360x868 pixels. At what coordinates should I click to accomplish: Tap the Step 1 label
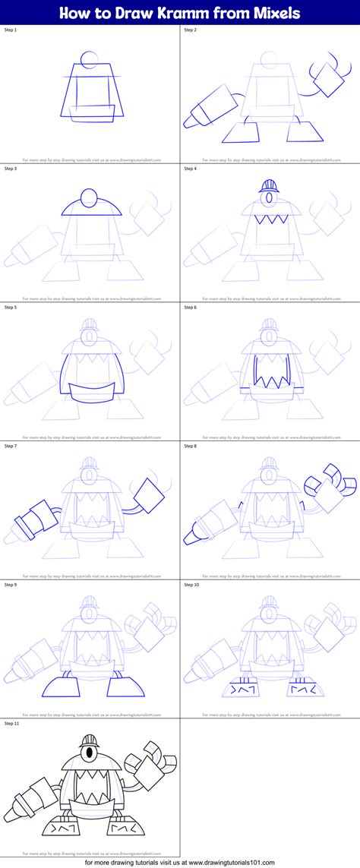pos(11,30)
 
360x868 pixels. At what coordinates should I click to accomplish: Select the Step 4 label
pos(191,169)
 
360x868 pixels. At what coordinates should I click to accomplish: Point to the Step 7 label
pos(11,446)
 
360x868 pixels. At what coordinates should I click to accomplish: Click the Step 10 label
pos(192,585)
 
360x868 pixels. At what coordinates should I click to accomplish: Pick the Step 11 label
pos(12,723)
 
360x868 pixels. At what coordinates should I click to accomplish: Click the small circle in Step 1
pos(89,59)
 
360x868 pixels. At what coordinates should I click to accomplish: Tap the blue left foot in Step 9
pos(61,687)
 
